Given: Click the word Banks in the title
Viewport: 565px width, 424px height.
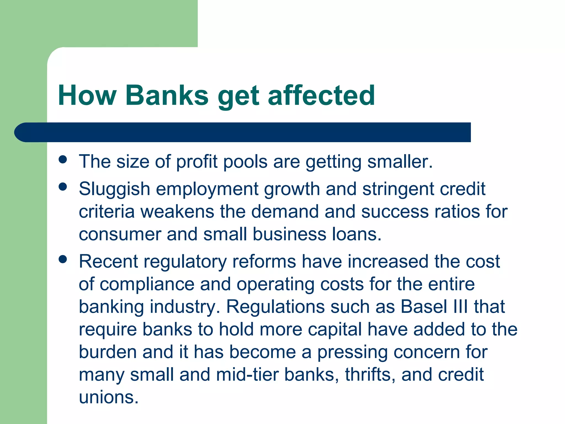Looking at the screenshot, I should pyautogui.click(x=167, y=95).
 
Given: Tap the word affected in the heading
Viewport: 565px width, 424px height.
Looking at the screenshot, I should pyautogui.click(x=321, y=95).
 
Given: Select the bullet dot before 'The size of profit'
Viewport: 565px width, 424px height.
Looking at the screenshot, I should pyautogui.click(x=63, y=159).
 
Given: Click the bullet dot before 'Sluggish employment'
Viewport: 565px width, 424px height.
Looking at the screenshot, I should pyautogui.click(x=63, y=187).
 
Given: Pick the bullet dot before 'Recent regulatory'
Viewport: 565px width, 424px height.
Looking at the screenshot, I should pyautogui.click(x=63, y=259).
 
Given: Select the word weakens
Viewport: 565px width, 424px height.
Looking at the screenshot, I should pyautogui.click(x=177, y=212).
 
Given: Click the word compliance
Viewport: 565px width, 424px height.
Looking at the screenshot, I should pyautogui.click(x=147, y=284).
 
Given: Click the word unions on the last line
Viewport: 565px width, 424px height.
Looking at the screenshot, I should pyautogui.click(x=108, y=397).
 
